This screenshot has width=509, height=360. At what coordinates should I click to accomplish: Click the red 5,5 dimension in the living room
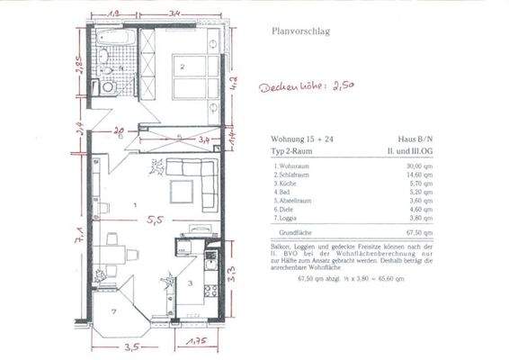pos(156,219)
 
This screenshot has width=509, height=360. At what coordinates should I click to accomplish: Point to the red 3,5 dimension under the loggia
pos(134,345)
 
